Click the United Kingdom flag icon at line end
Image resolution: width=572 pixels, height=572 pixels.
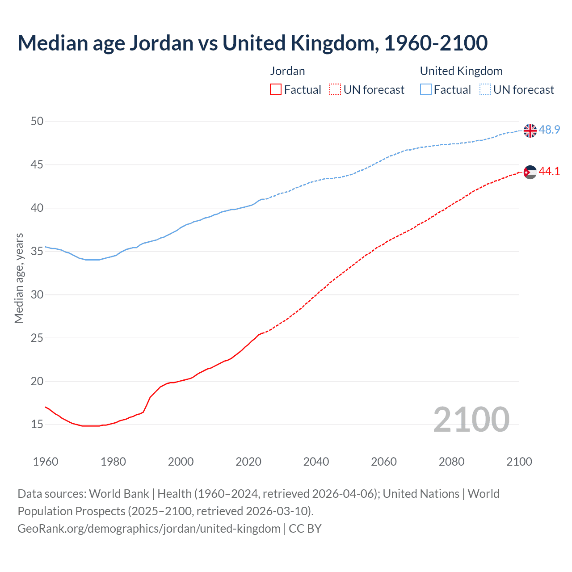pos(530,130)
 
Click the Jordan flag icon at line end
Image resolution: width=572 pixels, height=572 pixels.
pos(530,172)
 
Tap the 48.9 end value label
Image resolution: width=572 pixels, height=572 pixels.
pos(549,130)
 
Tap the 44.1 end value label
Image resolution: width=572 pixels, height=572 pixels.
pos(549,172)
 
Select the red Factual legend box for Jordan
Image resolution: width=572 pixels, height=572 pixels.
pos(276,90)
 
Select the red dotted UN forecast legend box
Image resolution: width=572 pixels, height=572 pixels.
pos(335,90)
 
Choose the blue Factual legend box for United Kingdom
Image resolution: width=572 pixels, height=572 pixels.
pos(426,90)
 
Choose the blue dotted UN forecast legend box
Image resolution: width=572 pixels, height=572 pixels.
pos(485,90)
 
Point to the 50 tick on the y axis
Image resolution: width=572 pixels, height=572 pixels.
pos(38,122)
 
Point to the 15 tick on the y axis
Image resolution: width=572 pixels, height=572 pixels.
pos(38,424)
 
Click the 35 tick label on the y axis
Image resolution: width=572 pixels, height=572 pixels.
pos(38,251)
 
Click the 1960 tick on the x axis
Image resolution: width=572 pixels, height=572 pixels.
pos(46,462)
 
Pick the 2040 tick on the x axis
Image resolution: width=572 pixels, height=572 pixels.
pos(316,462)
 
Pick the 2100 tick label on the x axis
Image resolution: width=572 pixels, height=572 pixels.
pos(519,462)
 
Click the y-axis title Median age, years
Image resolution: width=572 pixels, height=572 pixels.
pos(19,278)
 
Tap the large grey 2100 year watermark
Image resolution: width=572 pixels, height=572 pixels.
pos(471,419)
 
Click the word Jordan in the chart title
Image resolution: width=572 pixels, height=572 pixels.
pos(161,43)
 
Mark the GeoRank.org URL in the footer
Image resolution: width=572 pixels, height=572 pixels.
pos(149,529)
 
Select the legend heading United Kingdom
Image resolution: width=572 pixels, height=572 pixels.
pos(461,71)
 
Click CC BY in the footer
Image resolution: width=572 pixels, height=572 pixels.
pos(305,529)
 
